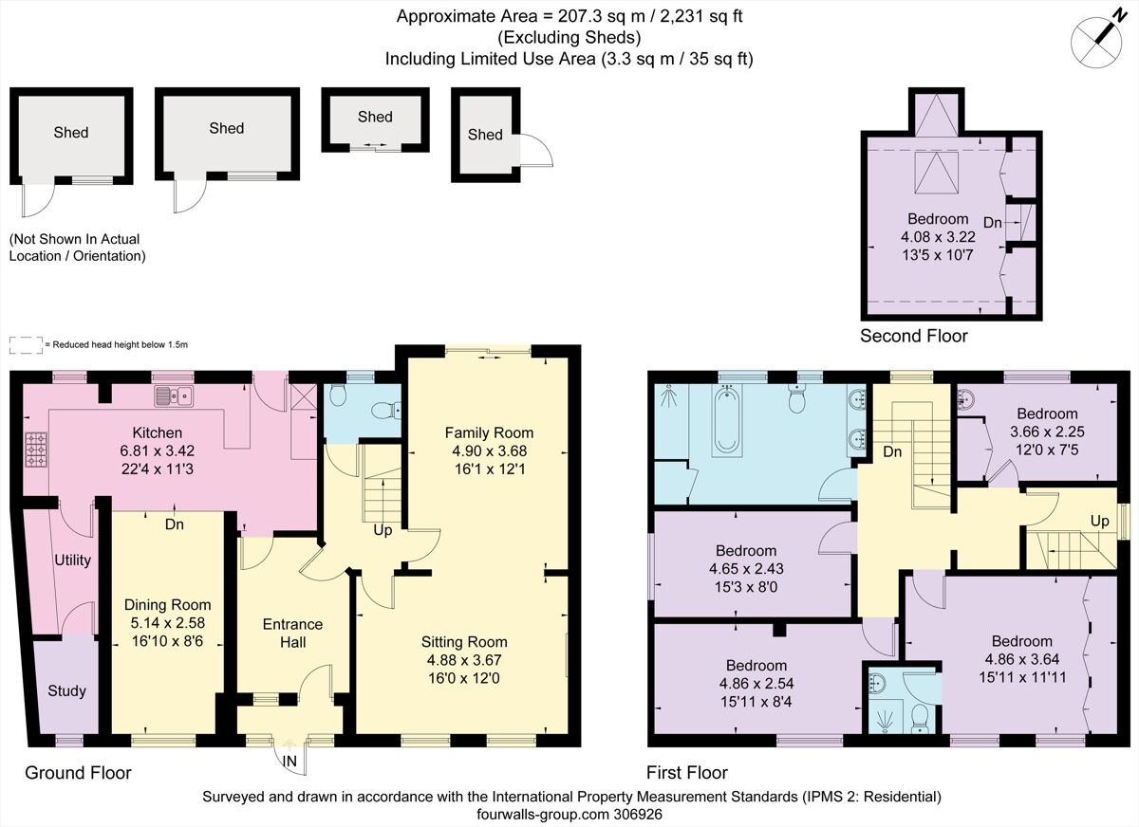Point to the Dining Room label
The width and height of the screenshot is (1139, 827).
pos(168,604)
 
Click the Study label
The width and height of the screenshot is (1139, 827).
pos(66,690)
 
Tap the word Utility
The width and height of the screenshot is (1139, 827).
pos(72,560)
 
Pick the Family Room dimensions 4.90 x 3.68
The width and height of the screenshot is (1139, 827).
pos(490,451)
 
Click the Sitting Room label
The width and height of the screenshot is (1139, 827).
pos(464,642)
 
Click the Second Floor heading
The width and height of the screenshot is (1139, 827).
pos(913,336)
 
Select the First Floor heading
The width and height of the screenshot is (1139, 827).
pos(687,773)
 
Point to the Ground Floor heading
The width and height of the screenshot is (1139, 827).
pos(78,773)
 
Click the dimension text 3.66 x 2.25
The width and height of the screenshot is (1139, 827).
pos(1047,432)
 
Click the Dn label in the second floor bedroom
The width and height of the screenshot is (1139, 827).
pos(993,222)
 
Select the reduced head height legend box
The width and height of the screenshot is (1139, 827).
pos(25,344)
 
